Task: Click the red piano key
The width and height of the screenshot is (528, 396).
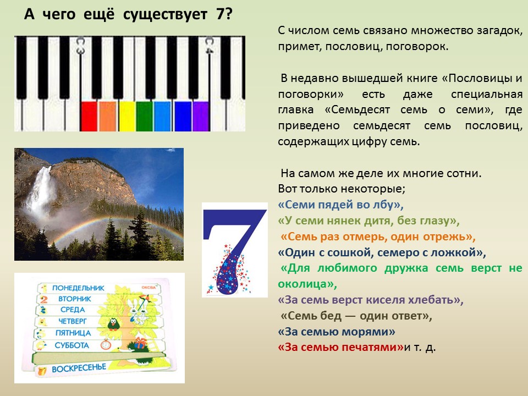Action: coord(89,116)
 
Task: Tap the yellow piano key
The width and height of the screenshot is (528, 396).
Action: coord(127,116)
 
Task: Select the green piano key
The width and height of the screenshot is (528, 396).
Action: coord(145,116)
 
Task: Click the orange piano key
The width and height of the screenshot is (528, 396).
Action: coord(108,116)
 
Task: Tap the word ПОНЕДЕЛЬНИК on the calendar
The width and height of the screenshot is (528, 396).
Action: coord(78,288)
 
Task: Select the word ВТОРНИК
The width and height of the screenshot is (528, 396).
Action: coord(75,299)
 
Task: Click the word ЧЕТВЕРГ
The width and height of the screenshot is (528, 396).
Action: coord(73,321)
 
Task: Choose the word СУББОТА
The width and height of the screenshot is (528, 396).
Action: coord(71,345)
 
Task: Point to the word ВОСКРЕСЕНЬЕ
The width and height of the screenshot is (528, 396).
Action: coord(79,368)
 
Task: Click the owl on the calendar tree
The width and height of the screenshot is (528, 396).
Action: coord(113,324)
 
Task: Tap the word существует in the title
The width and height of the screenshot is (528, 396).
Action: coord(165,14)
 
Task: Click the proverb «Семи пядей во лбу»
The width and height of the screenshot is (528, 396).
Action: coord(341,205)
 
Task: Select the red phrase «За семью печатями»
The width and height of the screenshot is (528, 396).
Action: coord(341,347)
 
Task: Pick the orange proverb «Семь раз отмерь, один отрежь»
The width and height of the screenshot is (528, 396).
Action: coord(378,237)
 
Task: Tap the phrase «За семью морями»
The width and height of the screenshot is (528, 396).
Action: coord(337,332)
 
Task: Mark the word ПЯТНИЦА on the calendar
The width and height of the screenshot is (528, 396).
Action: coord(73,333)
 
